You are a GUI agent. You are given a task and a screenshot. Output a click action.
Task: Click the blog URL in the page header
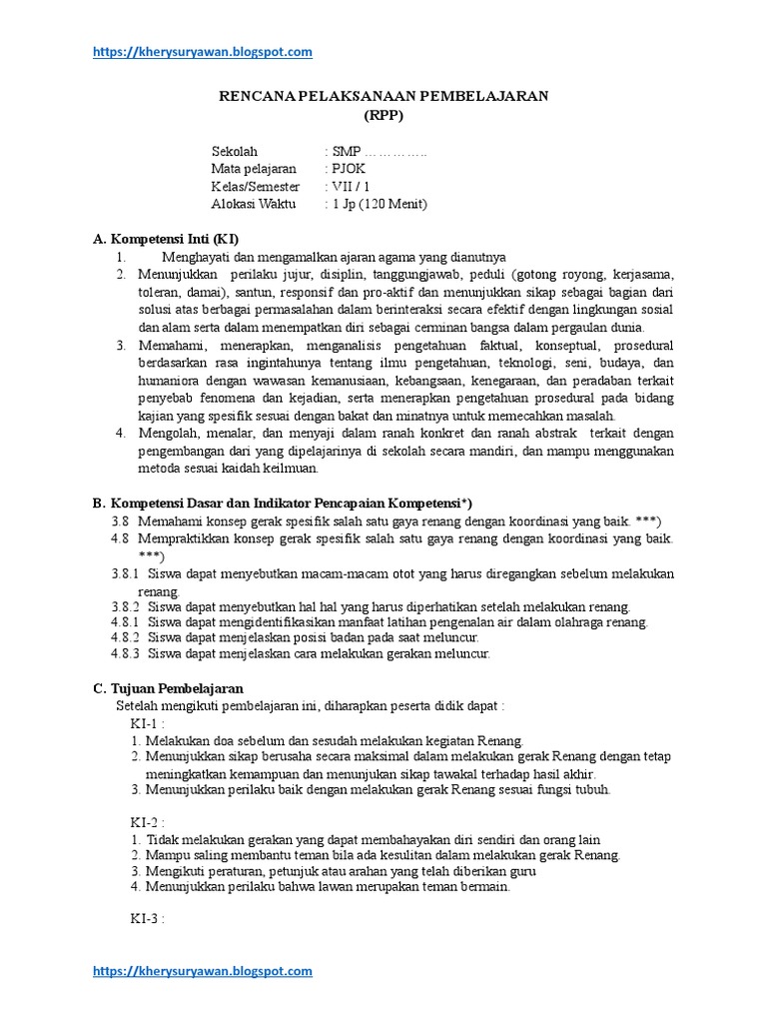(x=203, y=52)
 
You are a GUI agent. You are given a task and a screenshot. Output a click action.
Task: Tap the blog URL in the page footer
(x=203, y=970)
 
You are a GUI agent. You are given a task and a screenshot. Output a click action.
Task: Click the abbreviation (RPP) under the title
(x=383, y=114)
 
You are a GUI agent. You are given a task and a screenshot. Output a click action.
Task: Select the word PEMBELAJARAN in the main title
(x=489, y=96)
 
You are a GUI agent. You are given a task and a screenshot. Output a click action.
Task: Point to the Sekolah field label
(x=235, y=151)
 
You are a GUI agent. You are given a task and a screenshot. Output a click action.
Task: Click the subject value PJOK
(x=349, y=169)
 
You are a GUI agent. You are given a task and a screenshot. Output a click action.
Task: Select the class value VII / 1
(x=351, y=187)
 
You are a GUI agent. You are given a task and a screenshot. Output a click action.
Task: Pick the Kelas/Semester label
(x=255, y=187)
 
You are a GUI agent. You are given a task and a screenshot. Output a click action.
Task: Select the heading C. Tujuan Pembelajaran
(x=167, y=688)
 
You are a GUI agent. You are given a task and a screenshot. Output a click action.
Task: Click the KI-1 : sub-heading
(x=147, y=722)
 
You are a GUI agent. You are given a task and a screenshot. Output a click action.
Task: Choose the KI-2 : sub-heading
(x=147, y=822)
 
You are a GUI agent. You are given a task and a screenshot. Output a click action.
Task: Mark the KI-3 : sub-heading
(x=147, y=919)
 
